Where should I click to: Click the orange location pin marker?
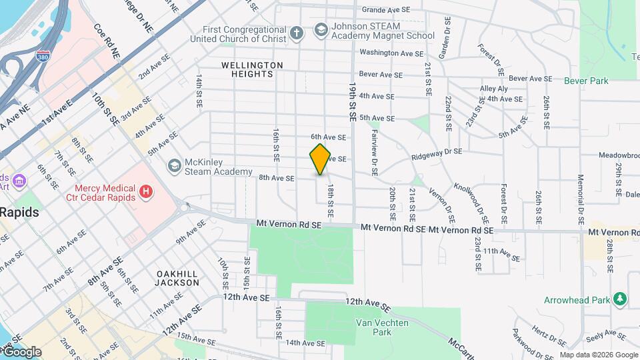click(321, 159)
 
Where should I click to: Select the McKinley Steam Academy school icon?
click(175, 165)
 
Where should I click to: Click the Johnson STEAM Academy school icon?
click(321, 30)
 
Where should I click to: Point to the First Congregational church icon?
click(297, 32)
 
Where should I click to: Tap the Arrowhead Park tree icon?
click(621, 298)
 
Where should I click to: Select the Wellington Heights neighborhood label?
click(253, 69)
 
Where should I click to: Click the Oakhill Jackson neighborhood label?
click(178, 278)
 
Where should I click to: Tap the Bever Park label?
click(586, 81)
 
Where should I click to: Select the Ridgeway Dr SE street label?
click(437, 152)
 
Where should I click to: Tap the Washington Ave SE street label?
click(391, 53)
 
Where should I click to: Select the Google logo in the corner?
click(21, 352)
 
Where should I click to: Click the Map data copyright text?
click(599, 355)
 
